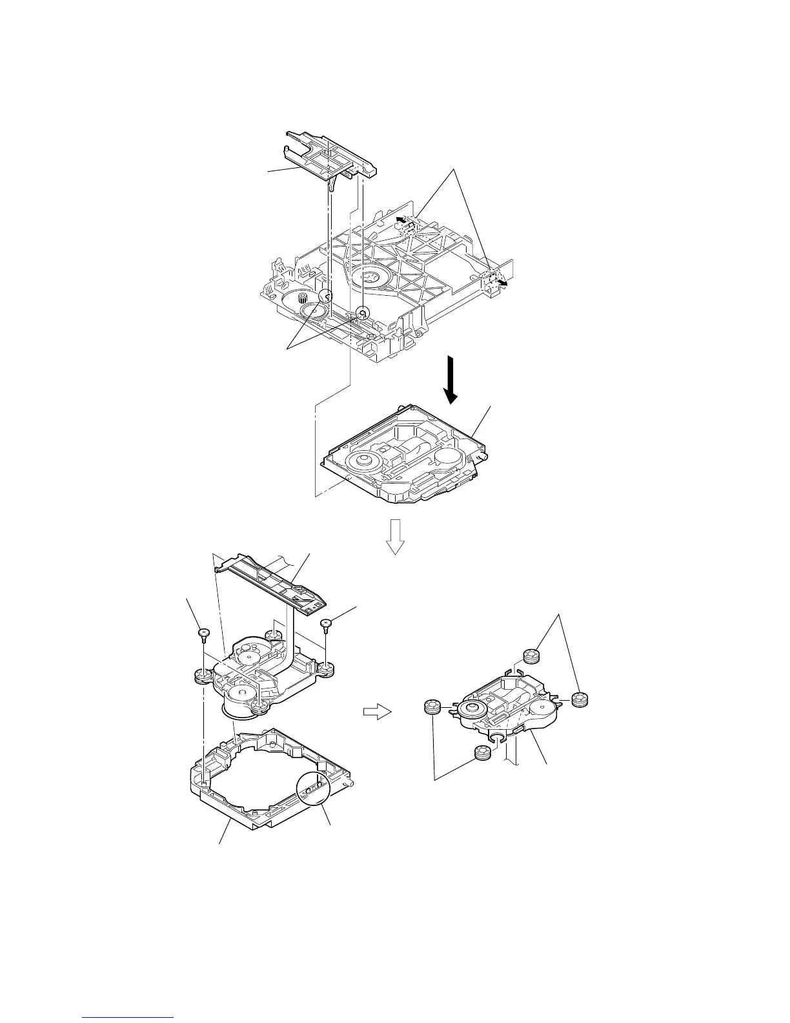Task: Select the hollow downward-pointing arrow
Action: tap(394, 536)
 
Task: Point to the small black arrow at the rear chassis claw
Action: tap(402, 220)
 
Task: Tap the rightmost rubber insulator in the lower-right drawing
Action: tap(582, 699)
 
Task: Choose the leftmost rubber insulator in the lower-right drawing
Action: tap(432, 707)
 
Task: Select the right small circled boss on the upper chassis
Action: tap(363, 314)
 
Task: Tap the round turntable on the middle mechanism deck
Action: tap(361, 461)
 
